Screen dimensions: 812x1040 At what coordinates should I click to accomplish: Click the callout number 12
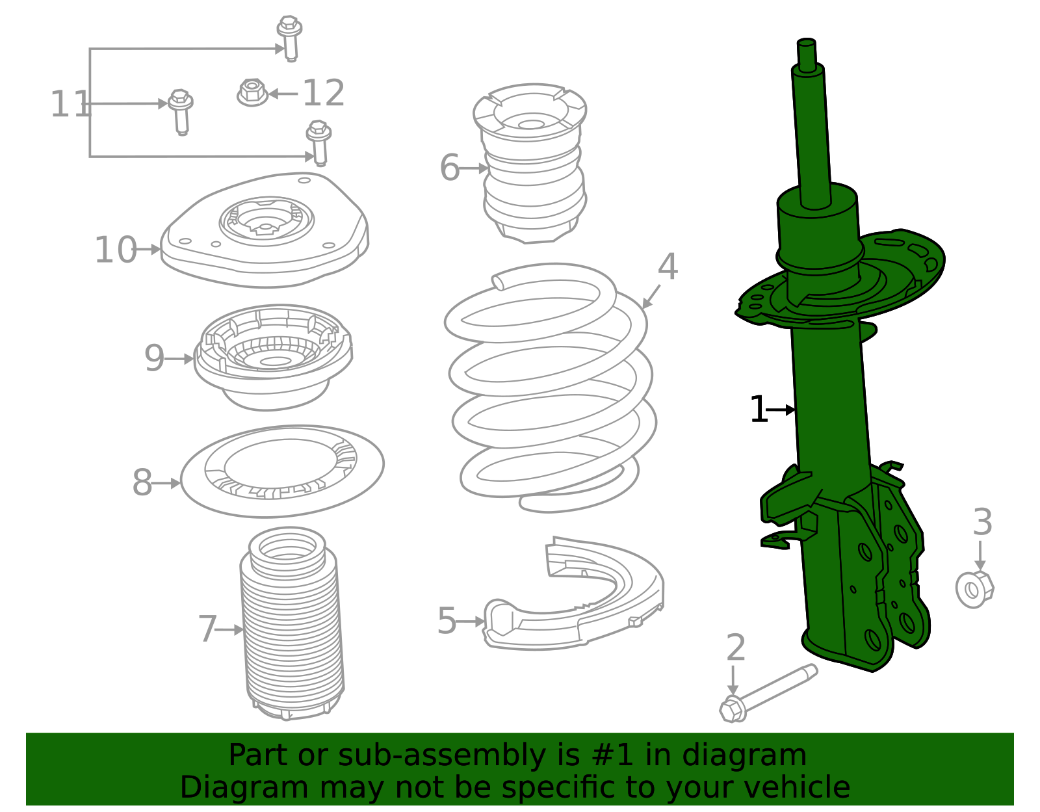323,94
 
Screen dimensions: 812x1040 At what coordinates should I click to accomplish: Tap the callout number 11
70,105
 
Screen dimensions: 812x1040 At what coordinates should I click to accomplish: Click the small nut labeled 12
252,93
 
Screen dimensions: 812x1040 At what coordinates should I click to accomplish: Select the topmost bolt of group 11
289,37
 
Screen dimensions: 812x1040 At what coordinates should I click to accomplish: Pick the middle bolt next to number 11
181,111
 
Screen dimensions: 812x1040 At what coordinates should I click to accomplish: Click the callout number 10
115,250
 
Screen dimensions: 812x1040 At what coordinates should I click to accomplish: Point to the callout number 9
154,358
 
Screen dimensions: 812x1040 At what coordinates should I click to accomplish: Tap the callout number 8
142,483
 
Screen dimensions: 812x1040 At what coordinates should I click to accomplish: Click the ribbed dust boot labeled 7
292,624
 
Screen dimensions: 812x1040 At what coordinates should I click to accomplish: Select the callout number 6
449,168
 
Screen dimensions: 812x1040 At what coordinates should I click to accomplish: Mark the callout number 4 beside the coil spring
668,267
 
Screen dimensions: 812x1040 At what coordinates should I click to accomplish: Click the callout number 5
447,621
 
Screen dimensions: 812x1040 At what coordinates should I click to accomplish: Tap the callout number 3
982,523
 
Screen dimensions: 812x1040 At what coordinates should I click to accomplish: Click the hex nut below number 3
974,589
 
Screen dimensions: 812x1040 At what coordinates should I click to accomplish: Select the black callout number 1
758,410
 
